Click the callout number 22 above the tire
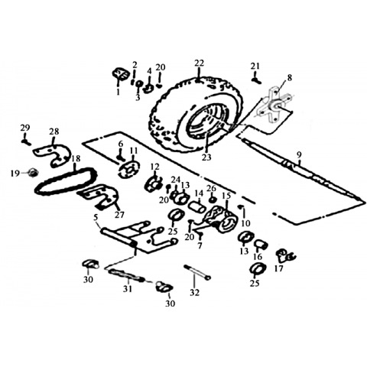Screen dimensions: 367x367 click(x=200, y=63)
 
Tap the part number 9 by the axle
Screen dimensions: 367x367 click(x=299, y=154)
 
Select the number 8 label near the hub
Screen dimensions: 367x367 click(x=289, y=77)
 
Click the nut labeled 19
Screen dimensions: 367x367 click(x=33, y=174)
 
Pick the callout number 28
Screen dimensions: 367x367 click(x=54, y=132)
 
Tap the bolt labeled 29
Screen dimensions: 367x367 click(x=26, y=141)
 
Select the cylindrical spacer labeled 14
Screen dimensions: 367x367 click(x=197, y=207)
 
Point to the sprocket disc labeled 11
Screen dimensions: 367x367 click(x=129, y=170)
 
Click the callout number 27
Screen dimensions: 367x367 click(x=119, y=215)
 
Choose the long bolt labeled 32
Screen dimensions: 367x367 click(x=197, y=273)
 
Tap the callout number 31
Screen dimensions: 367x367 click(x=128, y=289)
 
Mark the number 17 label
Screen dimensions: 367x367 click(x=279, y=268)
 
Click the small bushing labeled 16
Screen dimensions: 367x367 click(x=261, y=244)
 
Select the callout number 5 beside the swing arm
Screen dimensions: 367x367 click(x=96, y=217)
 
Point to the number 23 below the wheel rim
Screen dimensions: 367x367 click(x=206, y=158)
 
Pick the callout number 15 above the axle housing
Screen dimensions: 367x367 click(x=226, y=196)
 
